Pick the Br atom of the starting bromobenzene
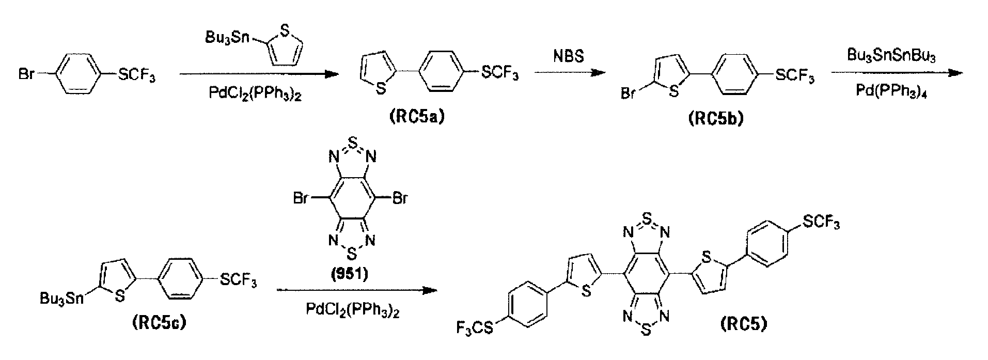(27, 75)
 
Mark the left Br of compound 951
(301, 198)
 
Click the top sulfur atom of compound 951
(352, 140)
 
